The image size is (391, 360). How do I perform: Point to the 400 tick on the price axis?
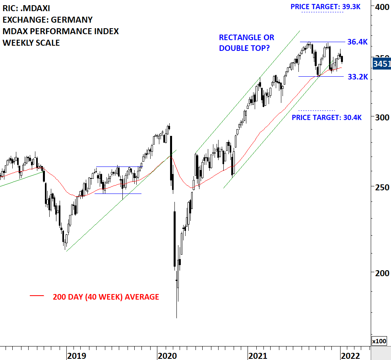[382, 7]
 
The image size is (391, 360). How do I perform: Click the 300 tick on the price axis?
[382, 117]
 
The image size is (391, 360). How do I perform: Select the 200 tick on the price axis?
[382, 273]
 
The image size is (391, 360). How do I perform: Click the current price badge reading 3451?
[381, 64]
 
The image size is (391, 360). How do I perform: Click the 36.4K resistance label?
[358, 42]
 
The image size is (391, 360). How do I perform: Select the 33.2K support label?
[358, 77]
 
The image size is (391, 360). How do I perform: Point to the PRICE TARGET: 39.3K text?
[325, 7]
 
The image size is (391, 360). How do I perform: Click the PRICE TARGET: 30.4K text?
[327, 117]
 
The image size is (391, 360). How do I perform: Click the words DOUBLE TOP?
[244, 48]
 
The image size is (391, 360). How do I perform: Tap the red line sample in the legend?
[37, 296]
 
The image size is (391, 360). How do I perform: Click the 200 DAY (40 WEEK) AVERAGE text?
[106, 297]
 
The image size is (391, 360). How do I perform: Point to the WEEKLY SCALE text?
[31, 43]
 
